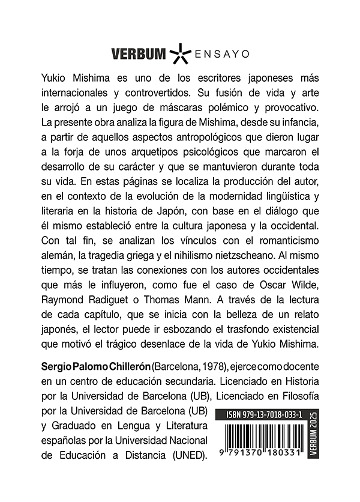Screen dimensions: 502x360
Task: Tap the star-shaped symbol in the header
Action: (179, 54)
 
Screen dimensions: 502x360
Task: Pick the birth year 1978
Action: (205, 367)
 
